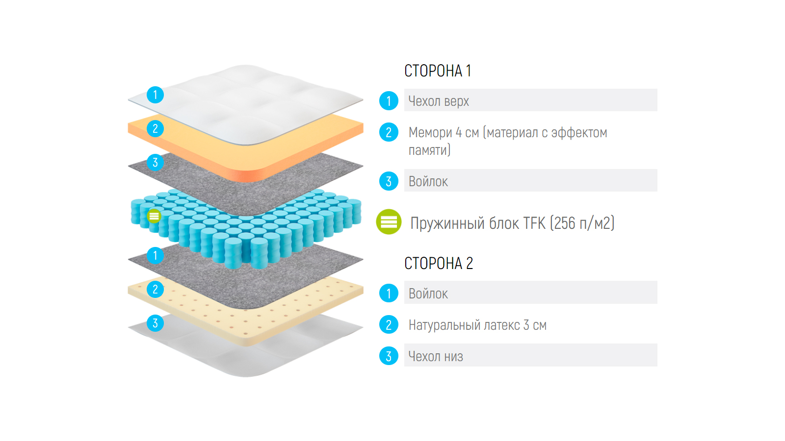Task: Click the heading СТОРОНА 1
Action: pos(437,71)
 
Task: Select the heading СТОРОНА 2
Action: pos(438,264)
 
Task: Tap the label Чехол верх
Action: pos(439,101)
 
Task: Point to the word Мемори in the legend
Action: pos(430,133)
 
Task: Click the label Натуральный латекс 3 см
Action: pos(477,325)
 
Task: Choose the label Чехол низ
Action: pos(436,357)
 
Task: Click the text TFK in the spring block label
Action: pos(534,223)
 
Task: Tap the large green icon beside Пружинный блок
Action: pos(389,222)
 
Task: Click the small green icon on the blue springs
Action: pos(154,216)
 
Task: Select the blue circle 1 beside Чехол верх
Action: pos(389,101)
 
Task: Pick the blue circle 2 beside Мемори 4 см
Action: pos(389,132)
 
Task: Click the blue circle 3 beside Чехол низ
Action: pos(389,356)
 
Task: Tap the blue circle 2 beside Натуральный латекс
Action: pos(389,325)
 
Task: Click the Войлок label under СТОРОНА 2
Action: pos(428,294)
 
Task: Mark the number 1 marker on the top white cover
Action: pos(155,95)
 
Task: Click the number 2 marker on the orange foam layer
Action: pos(155,128)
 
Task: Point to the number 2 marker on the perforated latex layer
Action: pos(155,289)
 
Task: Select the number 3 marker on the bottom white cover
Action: pos(155,323)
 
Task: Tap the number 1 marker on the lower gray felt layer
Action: pos(155,255)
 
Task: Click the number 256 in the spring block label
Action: pos(565,223)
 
